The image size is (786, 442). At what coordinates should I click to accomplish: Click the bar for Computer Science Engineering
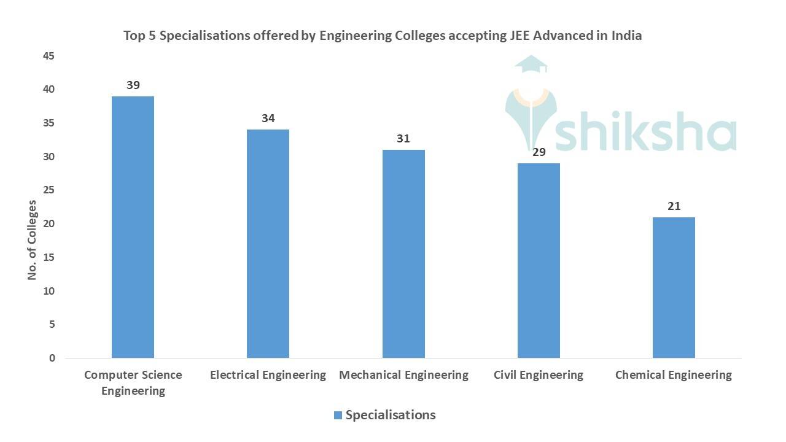[133, 227]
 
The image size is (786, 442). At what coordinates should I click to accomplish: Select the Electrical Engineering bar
[268, 244]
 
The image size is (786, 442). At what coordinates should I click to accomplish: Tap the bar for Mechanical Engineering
[403, 254]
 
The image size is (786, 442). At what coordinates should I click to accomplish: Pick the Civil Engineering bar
[539, 260]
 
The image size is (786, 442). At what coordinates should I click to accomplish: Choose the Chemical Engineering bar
[674, 287]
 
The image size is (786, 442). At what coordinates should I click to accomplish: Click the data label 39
[133, 85]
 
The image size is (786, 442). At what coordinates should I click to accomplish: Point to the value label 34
[268, 118]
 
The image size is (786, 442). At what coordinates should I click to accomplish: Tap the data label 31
[403, 139]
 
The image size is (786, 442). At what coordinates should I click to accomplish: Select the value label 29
[539, 152]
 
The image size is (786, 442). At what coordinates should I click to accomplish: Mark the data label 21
[674, 206]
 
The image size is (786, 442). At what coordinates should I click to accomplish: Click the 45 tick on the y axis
[49, 56]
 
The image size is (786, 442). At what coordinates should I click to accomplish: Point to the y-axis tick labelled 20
[49, 224]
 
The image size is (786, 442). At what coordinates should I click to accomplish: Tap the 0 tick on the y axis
[52, 358]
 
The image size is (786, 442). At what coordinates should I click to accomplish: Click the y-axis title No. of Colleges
[33, 240]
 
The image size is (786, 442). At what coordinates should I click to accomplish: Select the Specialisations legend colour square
[338, 416]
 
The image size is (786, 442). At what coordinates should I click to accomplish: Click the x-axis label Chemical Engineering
[673, 375]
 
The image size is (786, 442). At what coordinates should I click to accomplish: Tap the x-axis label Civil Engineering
[538, 375]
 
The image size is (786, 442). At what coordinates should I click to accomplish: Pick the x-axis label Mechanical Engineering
[403, 375]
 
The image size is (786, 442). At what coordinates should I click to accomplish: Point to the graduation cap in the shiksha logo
[530, 63]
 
